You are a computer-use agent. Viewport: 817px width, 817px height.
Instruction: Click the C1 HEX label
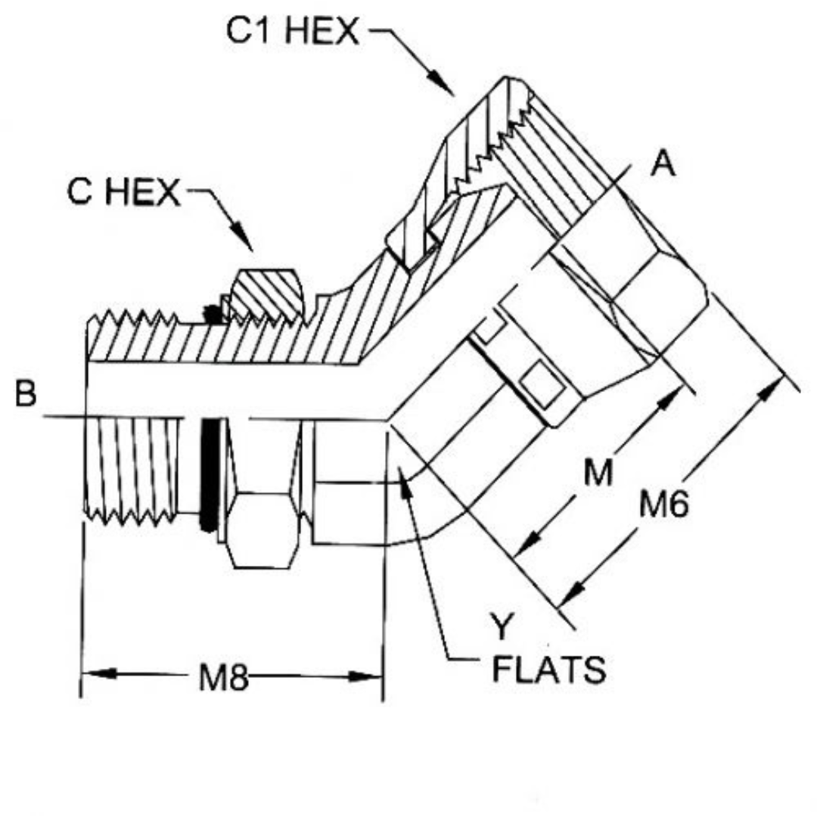[292, 31]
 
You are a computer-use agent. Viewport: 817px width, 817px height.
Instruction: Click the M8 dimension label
[223, 677]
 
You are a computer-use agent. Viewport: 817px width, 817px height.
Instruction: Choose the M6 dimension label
[664, 503]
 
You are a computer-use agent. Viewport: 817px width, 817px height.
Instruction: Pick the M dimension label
[598, 473]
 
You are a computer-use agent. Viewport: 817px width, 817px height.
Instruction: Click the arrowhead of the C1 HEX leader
[441, 82]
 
